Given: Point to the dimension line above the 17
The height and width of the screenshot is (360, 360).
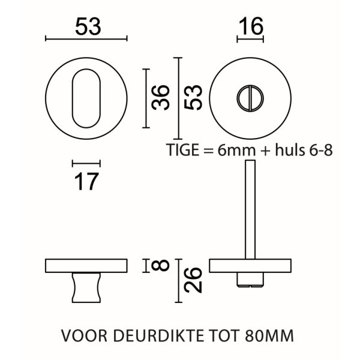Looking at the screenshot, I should coord(86,162).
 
